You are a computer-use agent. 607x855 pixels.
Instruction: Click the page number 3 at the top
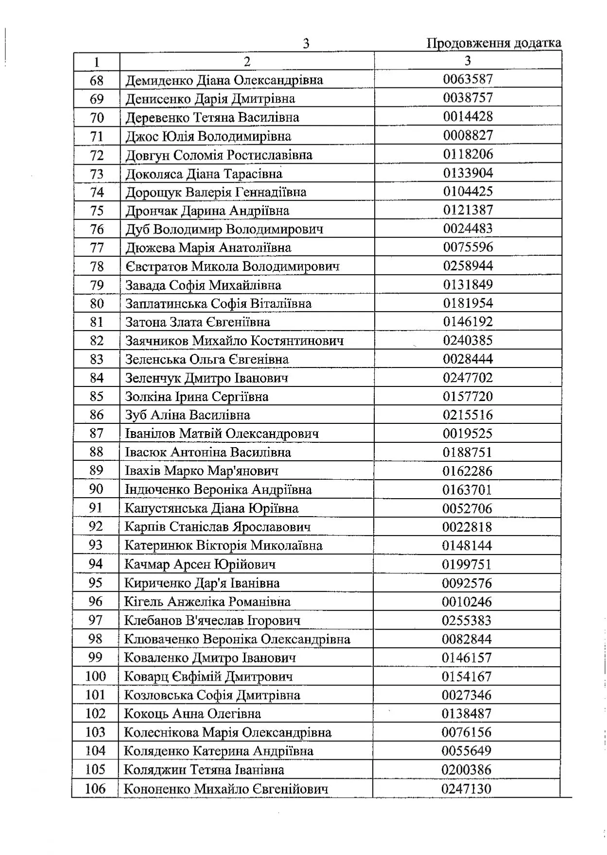(306, 44)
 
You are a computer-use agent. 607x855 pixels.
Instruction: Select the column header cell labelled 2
(247, 62)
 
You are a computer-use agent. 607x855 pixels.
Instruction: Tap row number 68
(97, 81)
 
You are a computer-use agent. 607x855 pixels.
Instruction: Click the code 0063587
(468, 79)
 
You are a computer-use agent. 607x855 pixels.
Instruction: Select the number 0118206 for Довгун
(468, 154)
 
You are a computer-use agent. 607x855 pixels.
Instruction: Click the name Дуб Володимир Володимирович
(224, 229)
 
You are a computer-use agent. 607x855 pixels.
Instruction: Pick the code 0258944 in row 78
(468, 266)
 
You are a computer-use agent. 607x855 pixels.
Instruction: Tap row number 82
(97, 341)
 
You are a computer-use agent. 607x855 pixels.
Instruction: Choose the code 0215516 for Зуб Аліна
(468, 415)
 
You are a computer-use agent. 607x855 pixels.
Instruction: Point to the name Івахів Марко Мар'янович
(202, 471)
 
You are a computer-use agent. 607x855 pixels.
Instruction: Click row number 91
(96, 508)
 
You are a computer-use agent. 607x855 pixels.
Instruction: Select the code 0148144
(467, 546)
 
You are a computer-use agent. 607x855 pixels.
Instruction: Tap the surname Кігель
(144, 602)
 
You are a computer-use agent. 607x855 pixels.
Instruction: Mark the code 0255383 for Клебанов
(467, 620)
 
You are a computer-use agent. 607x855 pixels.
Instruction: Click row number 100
(95, 676)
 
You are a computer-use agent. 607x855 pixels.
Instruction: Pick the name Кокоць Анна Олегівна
(192, 714)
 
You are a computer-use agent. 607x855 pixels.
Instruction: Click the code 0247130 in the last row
(467, 788)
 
